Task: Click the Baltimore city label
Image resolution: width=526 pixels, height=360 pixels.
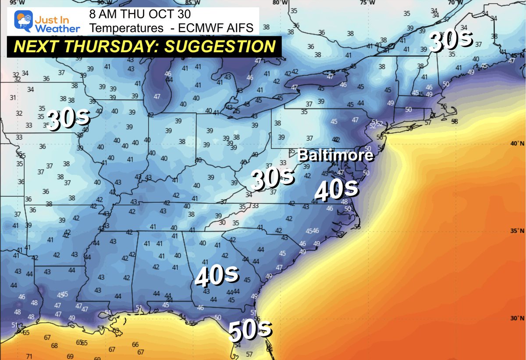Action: tap(336, 155)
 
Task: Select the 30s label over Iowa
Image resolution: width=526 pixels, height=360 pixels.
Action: tap(69, 119)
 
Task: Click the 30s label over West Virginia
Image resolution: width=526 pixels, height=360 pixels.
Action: tap(273, 179)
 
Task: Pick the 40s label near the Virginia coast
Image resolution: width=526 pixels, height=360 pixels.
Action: tap(337, 189)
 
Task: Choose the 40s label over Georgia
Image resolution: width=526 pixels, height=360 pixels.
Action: tap(217, 276)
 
